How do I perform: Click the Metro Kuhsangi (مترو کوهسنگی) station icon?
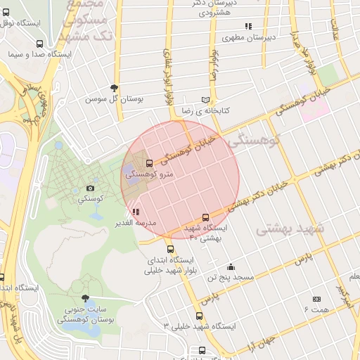click(x=148, y=164)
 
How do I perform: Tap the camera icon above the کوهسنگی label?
click(x=90, y=188)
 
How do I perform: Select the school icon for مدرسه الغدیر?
click(x=135, y=211)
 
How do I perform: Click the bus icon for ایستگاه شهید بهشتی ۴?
click(x=205, y=217)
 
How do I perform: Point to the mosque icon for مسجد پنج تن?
click(x=231, y=266)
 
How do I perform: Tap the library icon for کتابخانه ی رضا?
click(x=205, y=100)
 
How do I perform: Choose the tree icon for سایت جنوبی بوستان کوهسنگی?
click(x=86, y=299)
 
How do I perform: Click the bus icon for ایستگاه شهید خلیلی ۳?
click(x=199, y=316)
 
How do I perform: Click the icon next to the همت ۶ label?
click(x=316, y=299)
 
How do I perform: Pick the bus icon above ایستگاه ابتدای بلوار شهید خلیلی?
click(x=169, y=249)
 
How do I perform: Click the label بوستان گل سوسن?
click(x=115, y=100)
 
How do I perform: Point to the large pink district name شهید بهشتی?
click(x=289, y=229)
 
